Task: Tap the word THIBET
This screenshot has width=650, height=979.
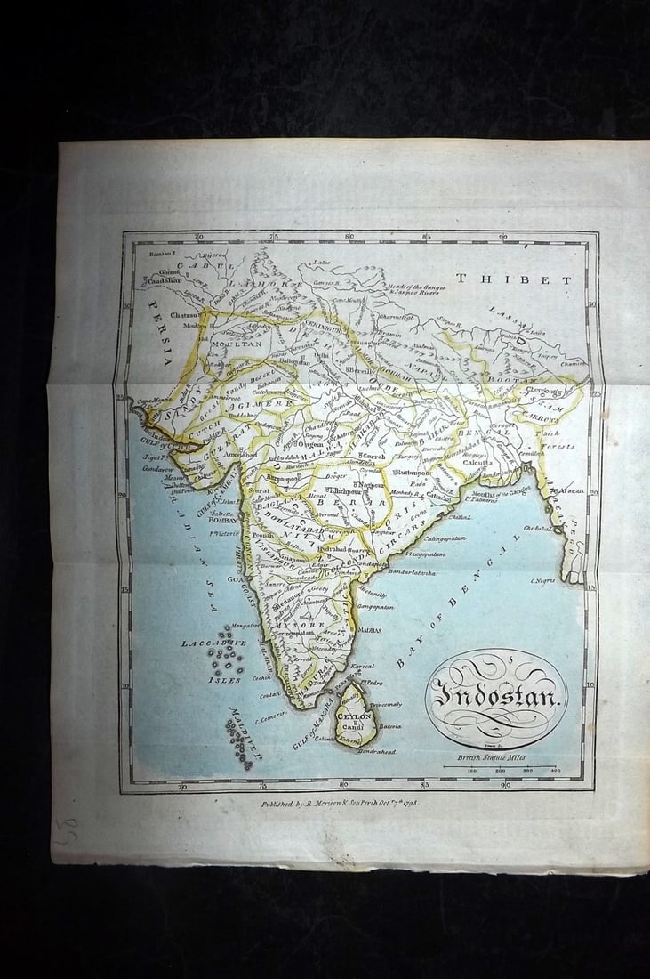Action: tap(514, 279)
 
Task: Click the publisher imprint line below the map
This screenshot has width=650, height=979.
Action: tap(339, 803)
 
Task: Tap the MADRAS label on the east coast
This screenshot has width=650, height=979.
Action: tap(372, 629)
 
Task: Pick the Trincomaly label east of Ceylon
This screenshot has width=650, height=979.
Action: tap(385, 704)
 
